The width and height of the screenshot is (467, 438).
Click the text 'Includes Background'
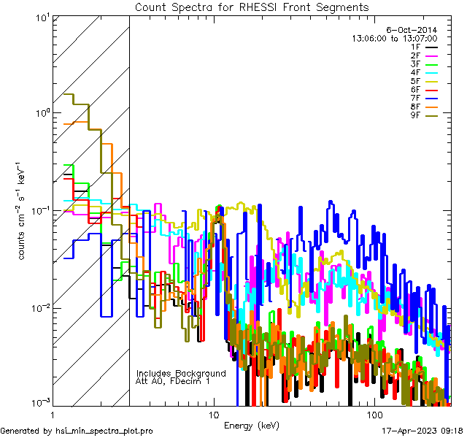pyautogui.click(x=181, y=373)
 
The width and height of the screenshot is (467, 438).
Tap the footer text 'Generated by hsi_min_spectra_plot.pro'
pyautogui.click(x=77, y=431)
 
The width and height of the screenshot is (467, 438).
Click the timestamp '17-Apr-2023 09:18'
pyautogui.click(x=421, y=431)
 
